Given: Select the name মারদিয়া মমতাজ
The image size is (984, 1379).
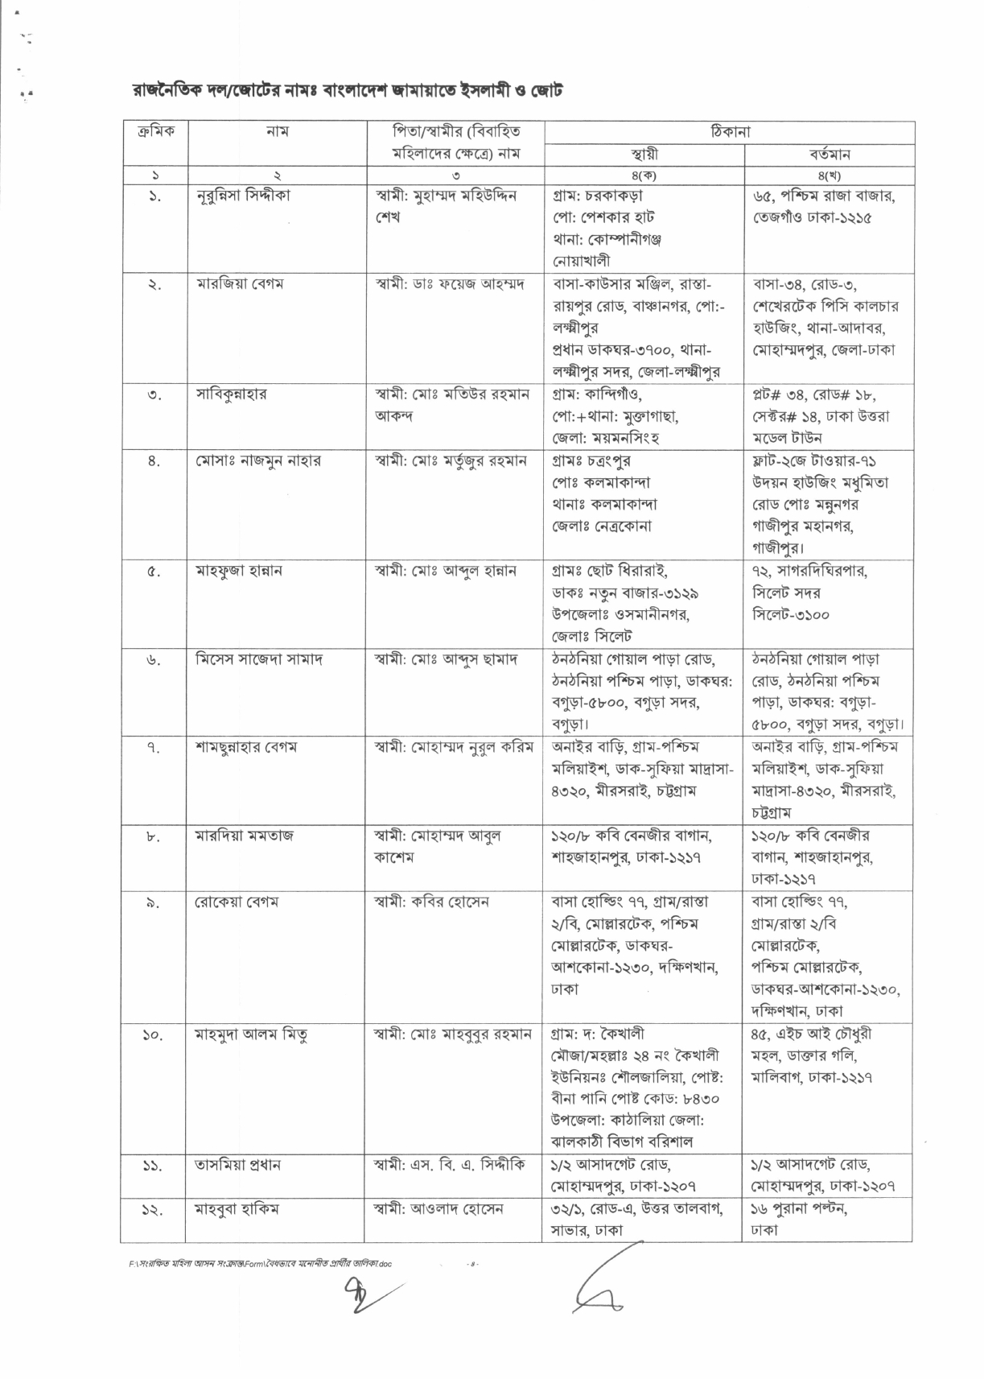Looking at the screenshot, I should (245, 836).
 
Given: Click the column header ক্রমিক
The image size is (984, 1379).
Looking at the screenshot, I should (155, 130).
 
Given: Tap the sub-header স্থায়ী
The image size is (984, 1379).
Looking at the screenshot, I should (644, 154).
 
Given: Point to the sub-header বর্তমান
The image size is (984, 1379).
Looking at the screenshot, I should (830, 154).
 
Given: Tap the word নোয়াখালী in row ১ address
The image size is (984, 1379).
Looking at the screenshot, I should (581, 261).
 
